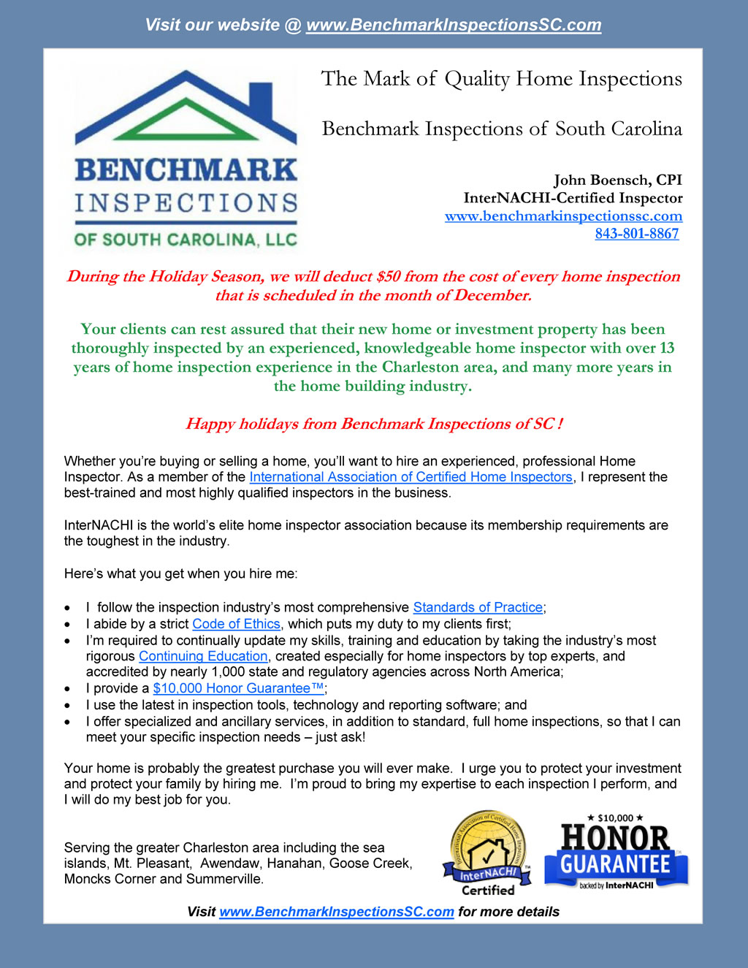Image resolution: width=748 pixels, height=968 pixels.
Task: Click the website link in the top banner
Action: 453,25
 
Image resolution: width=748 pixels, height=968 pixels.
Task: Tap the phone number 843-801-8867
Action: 636,234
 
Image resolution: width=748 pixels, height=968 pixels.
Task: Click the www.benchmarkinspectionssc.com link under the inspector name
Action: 563,216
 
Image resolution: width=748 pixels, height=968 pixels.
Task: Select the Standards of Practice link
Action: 478,607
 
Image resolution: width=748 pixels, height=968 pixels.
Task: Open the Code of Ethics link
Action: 236,624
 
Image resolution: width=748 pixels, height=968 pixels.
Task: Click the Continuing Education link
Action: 203,656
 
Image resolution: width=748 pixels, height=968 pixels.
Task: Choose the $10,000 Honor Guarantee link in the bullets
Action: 238,688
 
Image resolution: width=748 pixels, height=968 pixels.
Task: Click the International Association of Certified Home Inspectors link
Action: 411,477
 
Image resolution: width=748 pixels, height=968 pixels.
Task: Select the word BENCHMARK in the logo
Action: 186,170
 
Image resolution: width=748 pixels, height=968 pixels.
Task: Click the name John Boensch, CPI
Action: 617,180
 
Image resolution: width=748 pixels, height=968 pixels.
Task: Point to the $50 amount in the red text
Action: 389,276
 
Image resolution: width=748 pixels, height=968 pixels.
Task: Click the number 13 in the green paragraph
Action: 666,348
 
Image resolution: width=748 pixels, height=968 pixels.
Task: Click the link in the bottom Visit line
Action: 337,912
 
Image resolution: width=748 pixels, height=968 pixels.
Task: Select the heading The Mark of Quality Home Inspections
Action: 501,79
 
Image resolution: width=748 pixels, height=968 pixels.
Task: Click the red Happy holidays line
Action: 373,424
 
